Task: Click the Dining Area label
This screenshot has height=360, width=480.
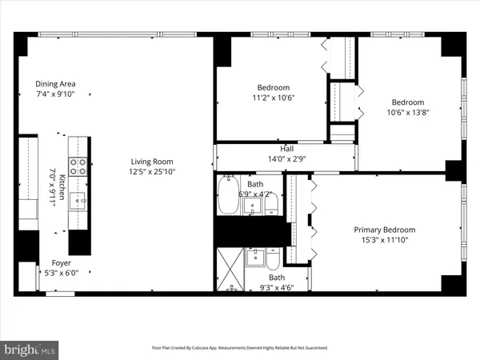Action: point(54,84)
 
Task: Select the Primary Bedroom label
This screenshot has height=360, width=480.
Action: point(385,230)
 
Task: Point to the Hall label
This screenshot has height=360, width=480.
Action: point(286,148)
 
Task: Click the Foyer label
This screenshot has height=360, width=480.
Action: point(62,262)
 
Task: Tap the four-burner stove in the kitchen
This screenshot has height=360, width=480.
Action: point(79,166)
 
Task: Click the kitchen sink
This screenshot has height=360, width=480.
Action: point(78,199)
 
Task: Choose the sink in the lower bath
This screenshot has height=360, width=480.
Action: point(255,258)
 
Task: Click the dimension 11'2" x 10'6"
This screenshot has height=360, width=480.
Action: point(273,98)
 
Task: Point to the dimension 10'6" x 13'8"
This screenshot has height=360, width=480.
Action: point(407,113)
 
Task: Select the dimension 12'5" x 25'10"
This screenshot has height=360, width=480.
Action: point(152,171)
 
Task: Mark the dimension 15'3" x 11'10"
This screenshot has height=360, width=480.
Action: point(385,240)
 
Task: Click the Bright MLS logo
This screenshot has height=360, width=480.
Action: point(31,350)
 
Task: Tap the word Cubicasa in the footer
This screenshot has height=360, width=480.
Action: point(221,348)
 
